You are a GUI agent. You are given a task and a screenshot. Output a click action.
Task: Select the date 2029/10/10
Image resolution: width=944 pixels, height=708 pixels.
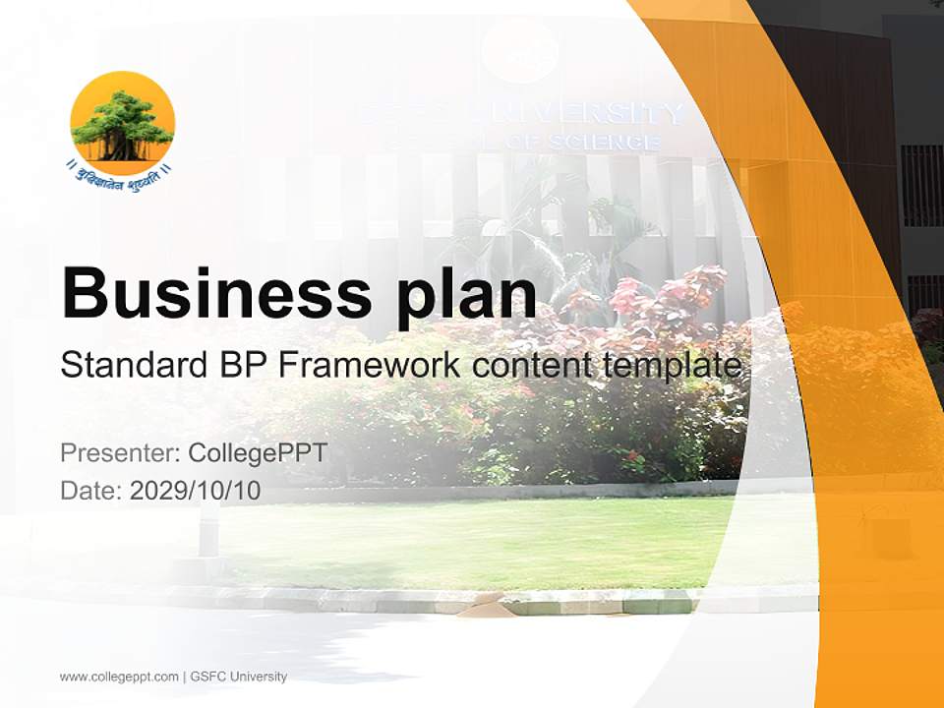(x=196, y=491)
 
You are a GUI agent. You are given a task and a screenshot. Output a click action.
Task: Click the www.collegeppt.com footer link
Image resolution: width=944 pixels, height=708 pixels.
(x=119, y=677)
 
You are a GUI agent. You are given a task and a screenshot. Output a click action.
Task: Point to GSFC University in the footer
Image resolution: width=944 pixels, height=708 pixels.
(x=239, y=677)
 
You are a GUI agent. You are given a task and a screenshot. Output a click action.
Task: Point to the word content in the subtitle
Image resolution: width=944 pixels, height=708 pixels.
(x=531, y=366)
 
